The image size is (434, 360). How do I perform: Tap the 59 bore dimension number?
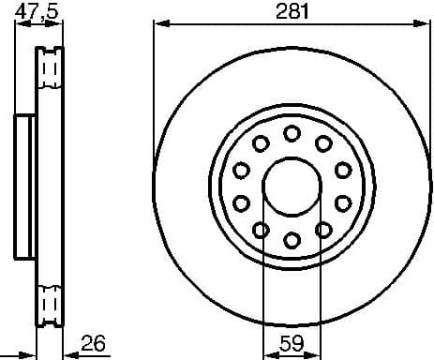pos(292,343)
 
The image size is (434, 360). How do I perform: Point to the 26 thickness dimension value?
pos(93,343)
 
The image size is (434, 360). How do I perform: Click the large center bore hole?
pos(292,186)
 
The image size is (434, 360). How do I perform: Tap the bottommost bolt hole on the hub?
pos(292,240)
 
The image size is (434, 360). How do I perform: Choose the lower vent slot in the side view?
pos(49,305)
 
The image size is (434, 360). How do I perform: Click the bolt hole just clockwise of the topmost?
pos(323,142)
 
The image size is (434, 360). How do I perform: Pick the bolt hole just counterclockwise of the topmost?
pos(261,142)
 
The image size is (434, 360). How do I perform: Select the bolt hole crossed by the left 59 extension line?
pos(261,230)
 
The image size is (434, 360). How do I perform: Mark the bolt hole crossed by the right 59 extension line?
pos(323,230)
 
